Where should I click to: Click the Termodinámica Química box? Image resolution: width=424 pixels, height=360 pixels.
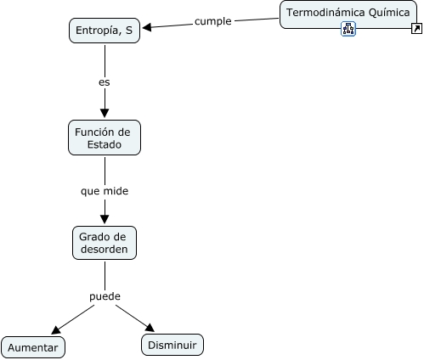(348, 14)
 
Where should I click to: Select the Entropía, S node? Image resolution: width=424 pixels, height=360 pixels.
(105, 31)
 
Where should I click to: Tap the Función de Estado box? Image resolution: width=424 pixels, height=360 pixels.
(105, 138)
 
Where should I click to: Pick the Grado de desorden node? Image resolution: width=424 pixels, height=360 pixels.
(105, 243)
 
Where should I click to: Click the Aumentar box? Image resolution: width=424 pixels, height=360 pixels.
(33, 347)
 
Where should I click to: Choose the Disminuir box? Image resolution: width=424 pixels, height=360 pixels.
(172, 345)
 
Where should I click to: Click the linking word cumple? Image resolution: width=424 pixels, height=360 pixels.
(213, 21)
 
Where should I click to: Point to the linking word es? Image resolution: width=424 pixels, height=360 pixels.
(105, 82)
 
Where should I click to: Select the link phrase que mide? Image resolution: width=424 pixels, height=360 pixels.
(105, 191)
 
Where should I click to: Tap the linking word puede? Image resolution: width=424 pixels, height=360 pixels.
(105, 296)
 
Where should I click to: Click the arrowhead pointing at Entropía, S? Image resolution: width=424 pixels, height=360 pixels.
(147, 27)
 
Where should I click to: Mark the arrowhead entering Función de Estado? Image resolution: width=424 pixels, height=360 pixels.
(105, 113)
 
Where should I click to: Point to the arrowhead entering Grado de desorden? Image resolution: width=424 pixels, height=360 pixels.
(105, 219)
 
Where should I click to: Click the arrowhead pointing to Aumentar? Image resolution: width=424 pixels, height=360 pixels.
(55, 330)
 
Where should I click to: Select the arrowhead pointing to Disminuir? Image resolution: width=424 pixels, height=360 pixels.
(150, 328)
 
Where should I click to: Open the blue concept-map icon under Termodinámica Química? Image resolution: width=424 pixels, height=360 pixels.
(348, 29)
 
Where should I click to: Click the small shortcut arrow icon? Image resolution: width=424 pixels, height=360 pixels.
(416, 29)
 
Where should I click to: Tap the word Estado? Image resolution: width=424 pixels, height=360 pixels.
(105, 144)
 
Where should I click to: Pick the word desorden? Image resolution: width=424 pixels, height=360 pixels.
(105, 250)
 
